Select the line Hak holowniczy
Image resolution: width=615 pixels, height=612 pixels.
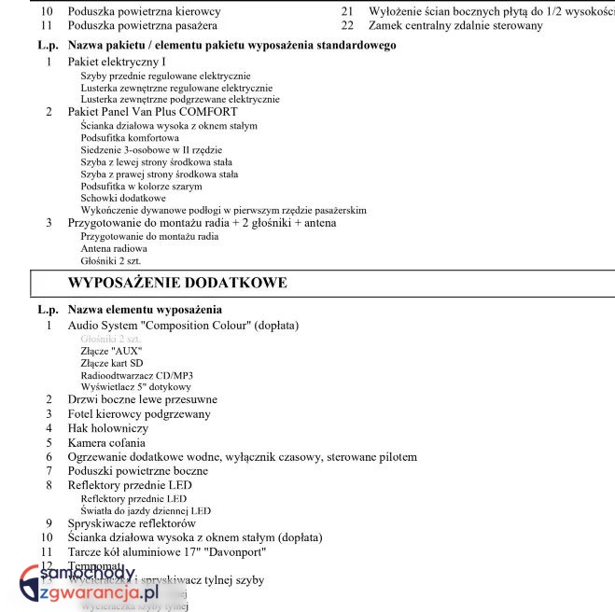pos(107,428)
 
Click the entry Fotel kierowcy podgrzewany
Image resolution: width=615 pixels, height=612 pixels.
pos(139,413)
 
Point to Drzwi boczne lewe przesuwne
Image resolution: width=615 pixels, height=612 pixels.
pos(142,399)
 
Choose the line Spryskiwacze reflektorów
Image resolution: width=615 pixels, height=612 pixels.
pos(132,523)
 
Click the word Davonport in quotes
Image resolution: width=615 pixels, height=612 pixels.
pos(265,551)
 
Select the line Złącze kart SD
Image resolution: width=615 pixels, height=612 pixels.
pos(112,362)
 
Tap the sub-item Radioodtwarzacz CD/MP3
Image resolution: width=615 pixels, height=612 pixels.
pos(136,374)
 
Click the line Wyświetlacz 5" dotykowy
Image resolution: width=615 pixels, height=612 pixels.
pos(135,386)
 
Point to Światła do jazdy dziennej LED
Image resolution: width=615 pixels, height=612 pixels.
pos(146,510)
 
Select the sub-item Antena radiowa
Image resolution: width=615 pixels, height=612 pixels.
pos(114,249)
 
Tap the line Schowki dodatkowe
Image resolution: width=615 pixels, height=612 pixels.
pos(123,198)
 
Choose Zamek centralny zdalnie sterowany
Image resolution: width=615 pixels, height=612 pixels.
pos(454,25)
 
